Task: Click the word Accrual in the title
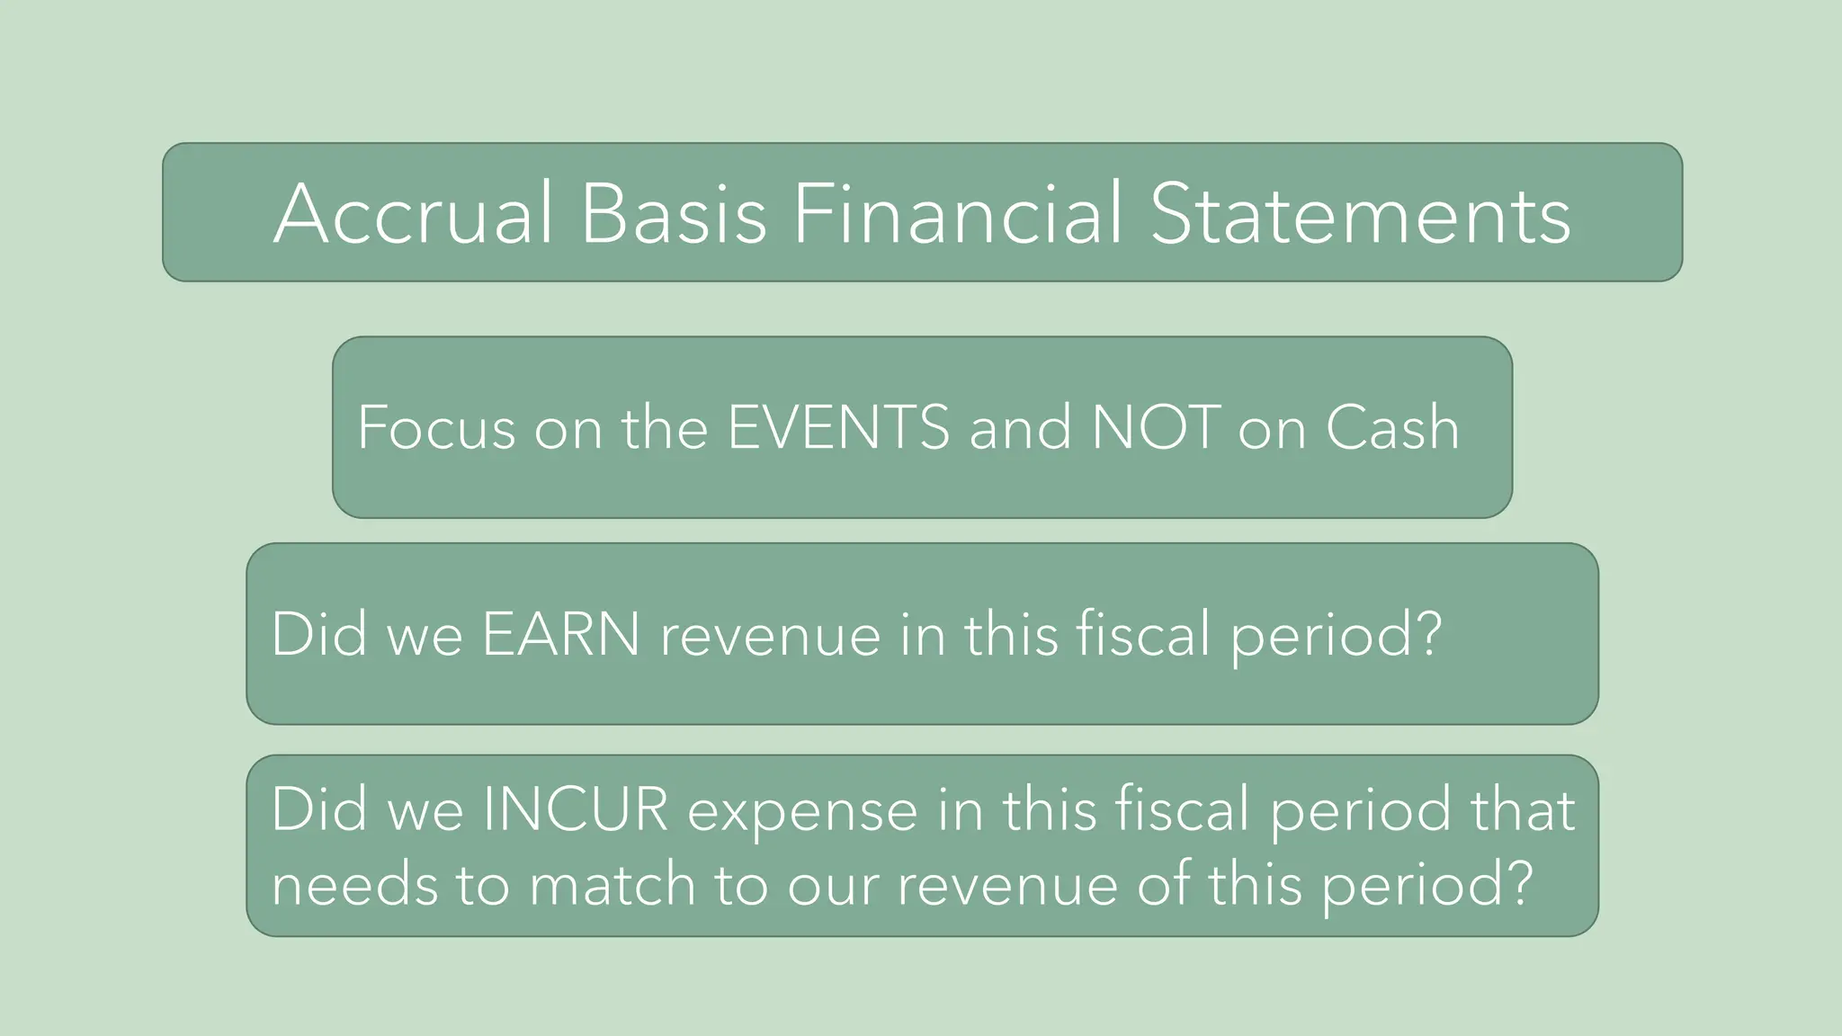pos(413,214)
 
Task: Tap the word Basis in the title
pos(674,214)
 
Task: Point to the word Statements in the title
pos(1360,214)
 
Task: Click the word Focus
pos(436,427)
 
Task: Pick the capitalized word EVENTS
pos(838,427)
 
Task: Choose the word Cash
pos(1392,427)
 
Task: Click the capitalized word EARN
pos(561,635)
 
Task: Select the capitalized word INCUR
pos(576,809)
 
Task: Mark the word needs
pos(353,885)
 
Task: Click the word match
pos(613,885)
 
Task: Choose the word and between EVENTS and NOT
pos(1020,427)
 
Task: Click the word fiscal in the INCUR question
pos(1182,809)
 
